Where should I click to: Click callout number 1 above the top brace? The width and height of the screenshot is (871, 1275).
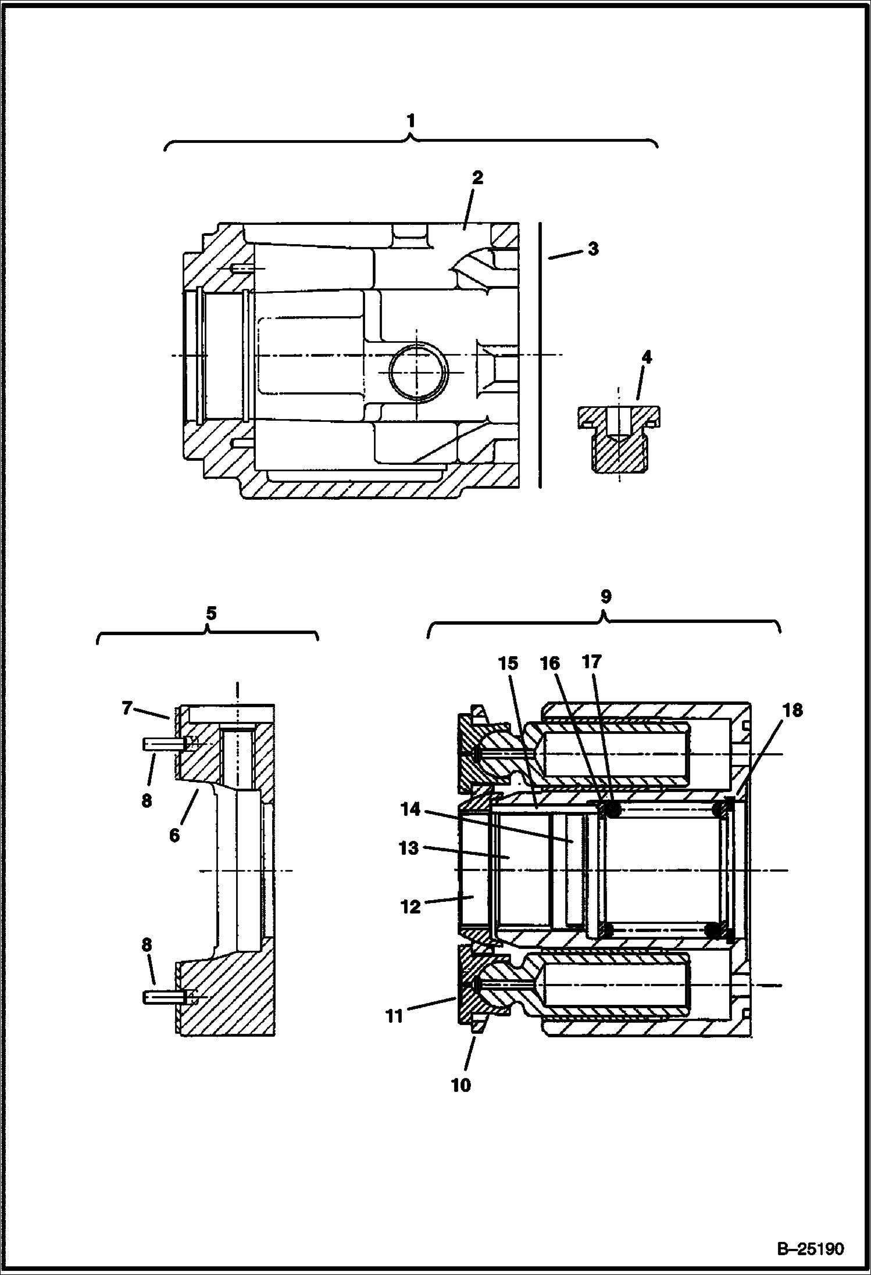(410, 121)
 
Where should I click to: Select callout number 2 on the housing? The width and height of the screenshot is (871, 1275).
(477, 178)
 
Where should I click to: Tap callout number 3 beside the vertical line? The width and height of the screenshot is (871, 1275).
(592, 249)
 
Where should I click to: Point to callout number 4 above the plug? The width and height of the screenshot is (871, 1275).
(646, 357)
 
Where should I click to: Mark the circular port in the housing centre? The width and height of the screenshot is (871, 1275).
(418, 371)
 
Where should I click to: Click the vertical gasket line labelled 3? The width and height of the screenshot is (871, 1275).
(540, 354)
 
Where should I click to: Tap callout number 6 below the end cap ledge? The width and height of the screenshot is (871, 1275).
(174, 836)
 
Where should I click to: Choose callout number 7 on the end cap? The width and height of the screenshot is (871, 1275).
(127, 708)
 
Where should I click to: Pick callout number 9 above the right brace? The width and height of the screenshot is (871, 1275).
(605, 596)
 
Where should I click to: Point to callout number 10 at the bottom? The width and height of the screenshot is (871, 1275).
(461, 1085)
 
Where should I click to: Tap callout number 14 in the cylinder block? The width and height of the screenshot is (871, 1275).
(410, 809)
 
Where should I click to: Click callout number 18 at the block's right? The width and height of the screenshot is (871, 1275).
(793, 710)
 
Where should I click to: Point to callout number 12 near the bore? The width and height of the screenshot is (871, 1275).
(410, 906)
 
